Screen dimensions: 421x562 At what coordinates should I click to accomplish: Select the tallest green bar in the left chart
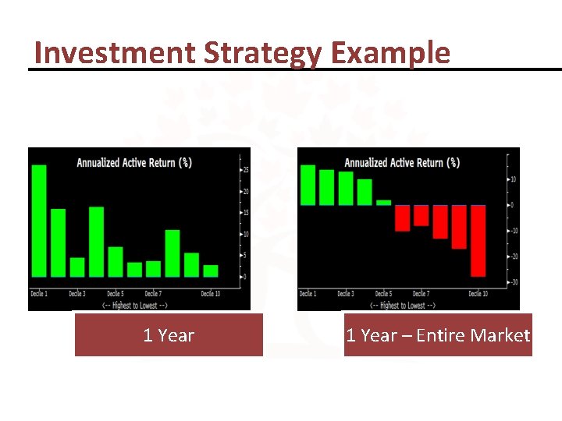(39, 221)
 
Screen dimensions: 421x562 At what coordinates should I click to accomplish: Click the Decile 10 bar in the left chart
(211, 271)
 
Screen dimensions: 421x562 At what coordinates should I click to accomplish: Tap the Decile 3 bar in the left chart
(77, 267)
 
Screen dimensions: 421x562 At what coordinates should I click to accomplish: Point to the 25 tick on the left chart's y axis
(246, 170)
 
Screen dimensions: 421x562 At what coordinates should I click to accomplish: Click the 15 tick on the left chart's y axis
(246, 213)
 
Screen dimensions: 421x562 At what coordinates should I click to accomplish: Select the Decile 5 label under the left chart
(115, 294)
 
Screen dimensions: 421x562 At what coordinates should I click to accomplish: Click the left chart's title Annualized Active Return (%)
(133, 163)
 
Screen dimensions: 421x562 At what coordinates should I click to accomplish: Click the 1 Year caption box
(169, 335)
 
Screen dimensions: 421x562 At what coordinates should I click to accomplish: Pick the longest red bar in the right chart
(478, 240)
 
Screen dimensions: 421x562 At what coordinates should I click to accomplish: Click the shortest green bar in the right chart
(383, 202)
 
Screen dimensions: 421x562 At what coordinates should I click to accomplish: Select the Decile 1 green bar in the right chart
(308, 186)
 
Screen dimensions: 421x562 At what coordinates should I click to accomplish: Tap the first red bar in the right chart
(402, 218)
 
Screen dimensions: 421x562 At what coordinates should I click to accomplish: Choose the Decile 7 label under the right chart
(421, 294)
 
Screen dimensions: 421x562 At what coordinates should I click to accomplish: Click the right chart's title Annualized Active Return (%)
(402, 163)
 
